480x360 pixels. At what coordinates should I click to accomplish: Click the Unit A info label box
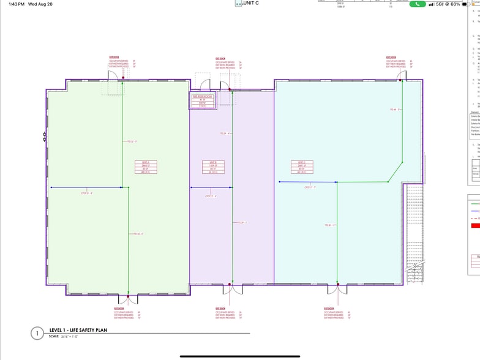[146, 167]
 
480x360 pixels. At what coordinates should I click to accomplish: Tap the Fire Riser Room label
[203, 101]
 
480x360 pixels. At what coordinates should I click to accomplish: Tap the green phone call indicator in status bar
[418, 4]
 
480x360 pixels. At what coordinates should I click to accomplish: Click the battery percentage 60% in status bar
[456, 4]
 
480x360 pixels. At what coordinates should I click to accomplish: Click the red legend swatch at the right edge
[474, 225]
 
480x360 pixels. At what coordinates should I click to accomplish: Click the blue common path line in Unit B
[208, 187]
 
